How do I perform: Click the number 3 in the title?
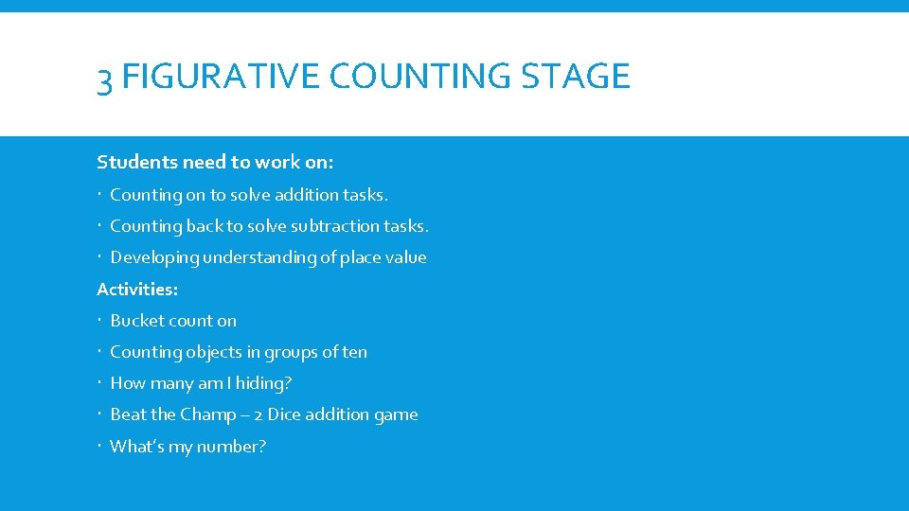tap(106, 78)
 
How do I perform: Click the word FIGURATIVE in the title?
tap(221, 76)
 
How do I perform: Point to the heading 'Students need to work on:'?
tap(215, 162)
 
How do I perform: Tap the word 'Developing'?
tap(154, 257)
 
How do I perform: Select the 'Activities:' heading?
tap(137, 289)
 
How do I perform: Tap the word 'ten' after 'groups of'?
tap(355, 352)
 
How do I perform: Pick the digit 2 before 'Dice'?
tap(258, 415)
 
